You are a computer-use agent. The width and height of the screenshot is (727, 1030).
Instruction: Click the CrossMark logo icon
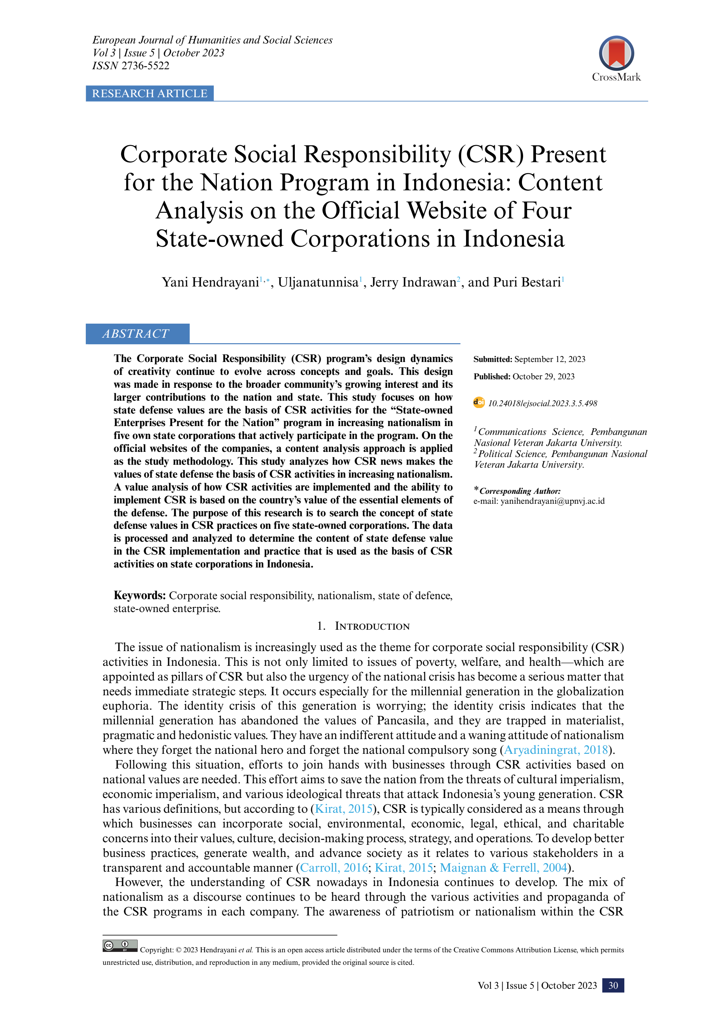616,53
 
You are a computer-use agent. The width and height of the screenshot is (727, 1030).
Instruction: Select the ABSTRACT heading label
136,334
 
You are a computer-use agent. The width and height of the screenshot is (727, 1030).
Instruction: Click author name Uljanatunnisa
318,282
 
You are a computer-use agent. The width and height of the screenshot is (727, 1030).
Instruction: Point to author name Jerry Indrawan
413,282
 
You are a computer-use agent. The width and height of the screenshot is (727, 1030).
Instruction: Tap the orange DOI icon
479,402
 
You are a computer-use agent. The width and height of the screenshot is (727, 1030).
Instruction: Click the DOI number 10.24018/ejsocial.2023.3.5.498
542,403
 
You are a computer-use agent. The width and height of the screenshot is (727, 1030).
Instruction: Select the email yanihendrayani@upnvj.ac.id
552,501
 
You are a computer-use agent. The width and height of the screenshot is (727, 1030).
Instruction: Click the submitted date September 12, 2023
550,359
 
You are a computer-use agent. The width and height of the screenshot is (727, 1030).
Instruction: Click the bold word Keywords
140,595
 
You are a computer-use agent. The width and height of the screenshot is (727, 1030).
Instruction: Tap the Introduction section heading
372,626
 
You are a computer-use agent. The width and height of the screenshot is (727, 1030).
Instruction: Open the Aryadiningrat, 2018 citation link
556,750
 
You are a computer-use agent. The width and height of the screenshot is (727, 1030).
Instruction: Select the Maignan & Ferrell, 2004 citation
503,868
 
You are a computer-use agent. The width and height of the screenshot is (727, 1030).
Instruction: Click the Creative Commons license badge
120,946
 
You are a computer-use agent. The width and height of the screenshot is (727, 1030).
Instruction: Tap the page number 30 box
613,985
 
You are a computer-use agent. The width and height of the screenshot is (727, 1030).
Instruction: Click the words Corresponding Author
520,491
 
